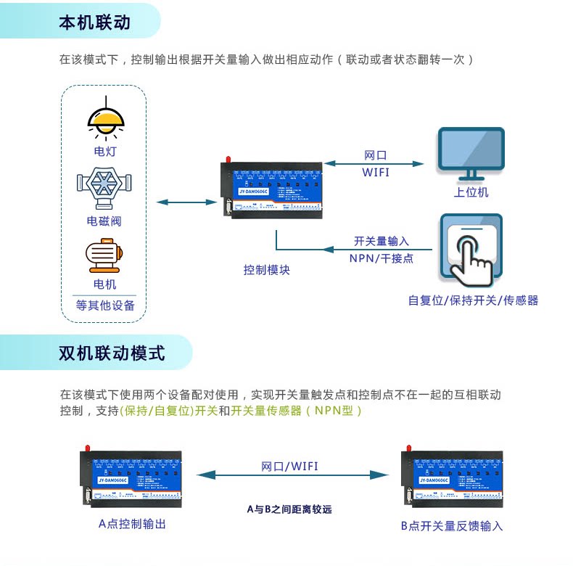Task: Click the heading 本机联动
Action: coord(94,22)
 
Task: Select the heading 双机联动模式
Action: coord(112,353)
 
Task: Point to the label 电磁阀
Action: coord(104,221)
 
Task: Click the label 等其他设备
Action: coord(105,305)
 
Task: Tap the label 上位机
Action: coord(471,192)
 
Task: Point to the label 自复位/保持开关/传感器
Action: coord(473,300)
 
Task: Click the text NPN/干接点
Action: coord(382,258)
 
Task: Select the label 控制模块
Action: coord(266,270)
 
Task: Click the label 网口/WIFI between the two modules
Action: coord(289,466)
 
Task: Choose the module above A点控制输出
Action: coord(131,478)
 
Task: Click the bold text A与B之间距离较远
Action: coord(289,509)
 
